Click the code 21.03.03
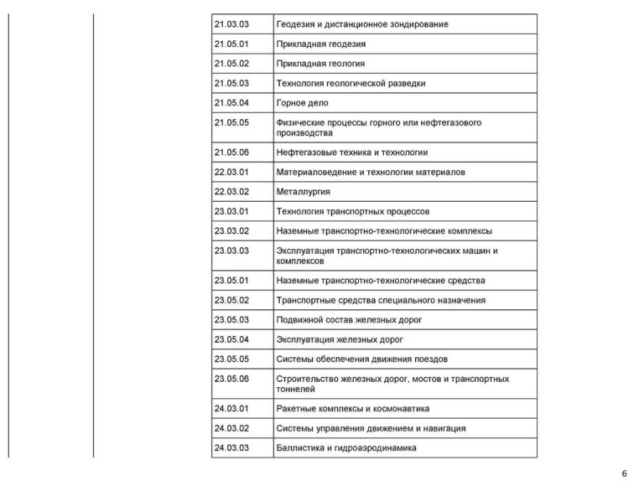pos(232,24)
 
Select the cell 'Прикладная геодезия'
pos(320,44)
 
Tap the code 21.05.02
pos(232,63)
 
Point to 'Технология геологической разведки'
pos(351,83)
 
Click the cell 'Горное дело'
pos(302,103)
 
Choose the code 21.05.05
pos(232,122)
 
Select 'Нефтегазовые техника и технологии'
pos(351,152)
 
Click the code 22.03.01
pos(232,172)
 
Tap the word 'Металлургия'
pos(303,192)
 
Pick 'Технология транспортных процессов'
pos(352,211)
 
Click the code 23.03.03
pos(232,251)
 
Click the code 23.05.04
pos(232,339)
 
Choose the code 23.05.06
pos(232,379)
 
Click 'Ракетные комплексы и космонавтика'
pos(352,409)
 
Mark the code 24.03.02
pos(232,428)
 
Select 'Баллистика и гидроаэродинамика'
pos(345,448)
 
